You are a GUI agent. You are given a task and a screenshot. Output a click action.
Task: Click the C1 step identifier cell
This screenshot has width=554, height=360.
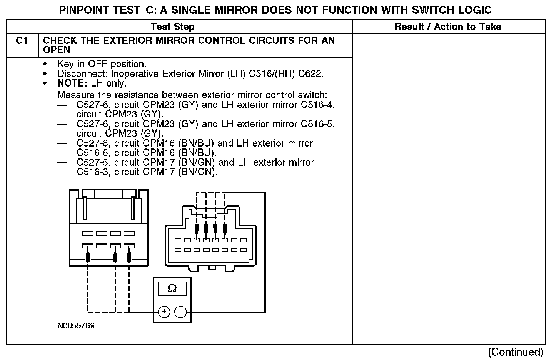click(22, 41)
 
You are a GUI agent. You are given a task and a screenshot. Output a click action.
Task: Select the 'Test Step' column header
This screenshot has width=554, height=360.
click(173, 27)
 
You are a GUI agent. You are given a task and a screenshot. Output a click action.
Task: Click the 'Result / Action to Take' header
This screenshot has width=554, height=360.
click(448, 27)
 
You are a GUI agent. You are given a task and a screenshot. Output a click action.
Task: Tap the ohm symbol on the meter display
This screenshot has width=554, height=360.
click(172, 288)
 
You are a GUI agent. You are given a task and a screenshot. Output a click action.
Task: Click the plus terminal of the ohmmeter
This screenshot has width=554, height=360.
click(164, 312)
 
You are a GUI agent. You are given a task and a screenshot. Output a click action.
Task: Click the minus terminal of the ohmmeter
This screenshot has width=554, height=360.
click(180, 312)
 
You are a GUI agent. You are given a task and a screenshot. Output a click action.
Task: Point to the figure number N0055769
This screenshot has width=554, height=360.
click(76, 326)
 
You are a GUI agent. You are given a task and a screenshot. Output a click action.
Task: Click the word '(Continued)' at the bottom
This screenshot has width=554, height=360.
click(516, 352)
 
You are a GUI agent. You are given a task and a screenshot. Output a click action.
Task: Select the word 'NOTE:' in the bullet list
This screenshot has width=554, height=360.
click(73, 83)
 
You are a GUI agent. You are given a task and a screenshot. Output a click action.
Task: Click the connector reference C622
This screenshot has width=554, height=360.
click(311, 73)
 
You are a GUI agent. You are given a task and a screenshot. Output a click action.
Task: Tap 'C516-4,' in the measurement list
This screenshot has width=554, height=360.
click(318, 105)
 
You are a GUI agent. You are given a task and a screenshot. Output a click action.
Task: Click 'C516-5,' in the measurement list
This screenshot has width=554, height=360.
click(318, 124)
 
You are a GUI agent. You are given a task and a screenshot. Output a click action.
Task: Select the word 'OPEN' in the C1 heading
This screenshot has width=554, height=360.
click(57, 50)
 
